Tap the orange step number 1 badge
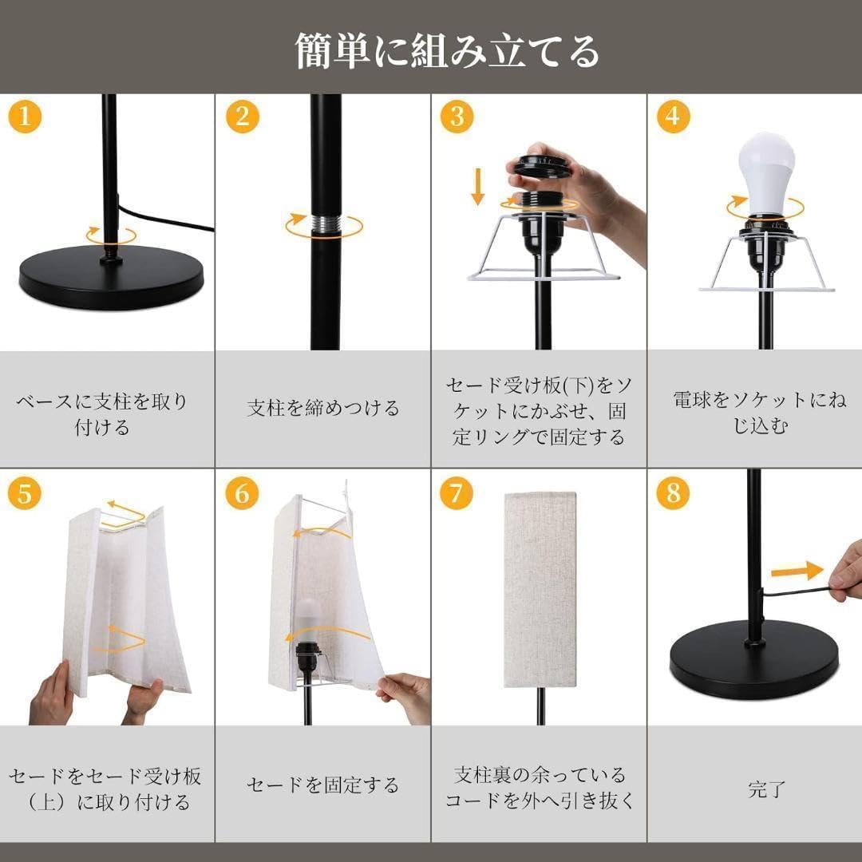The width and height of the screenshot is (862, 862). click(x=25, y=117)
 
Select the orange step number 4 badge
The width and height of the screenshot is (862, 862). click(x=673, y=117)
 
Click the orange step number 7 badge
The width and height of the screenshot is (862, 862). click(x=456, y=493)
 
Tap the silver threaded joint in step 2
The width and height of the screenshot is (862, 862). click(x=325, y=224)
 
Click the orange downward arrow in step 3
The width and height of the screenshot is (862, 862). click(x=477, y=186)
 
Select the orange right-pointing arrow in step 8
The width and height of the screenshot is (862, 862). click(x=796, y=571)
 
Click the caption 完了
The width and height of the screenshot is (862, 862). click(x=767, y=790)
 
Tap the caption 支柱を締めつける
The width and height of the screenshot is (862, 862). click(x=323, y=409)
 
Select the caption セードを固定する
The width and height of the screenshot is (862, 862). click(x=322, y=785)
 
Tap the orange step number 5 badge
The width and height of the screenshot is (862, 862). click(x=25, y=493)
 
